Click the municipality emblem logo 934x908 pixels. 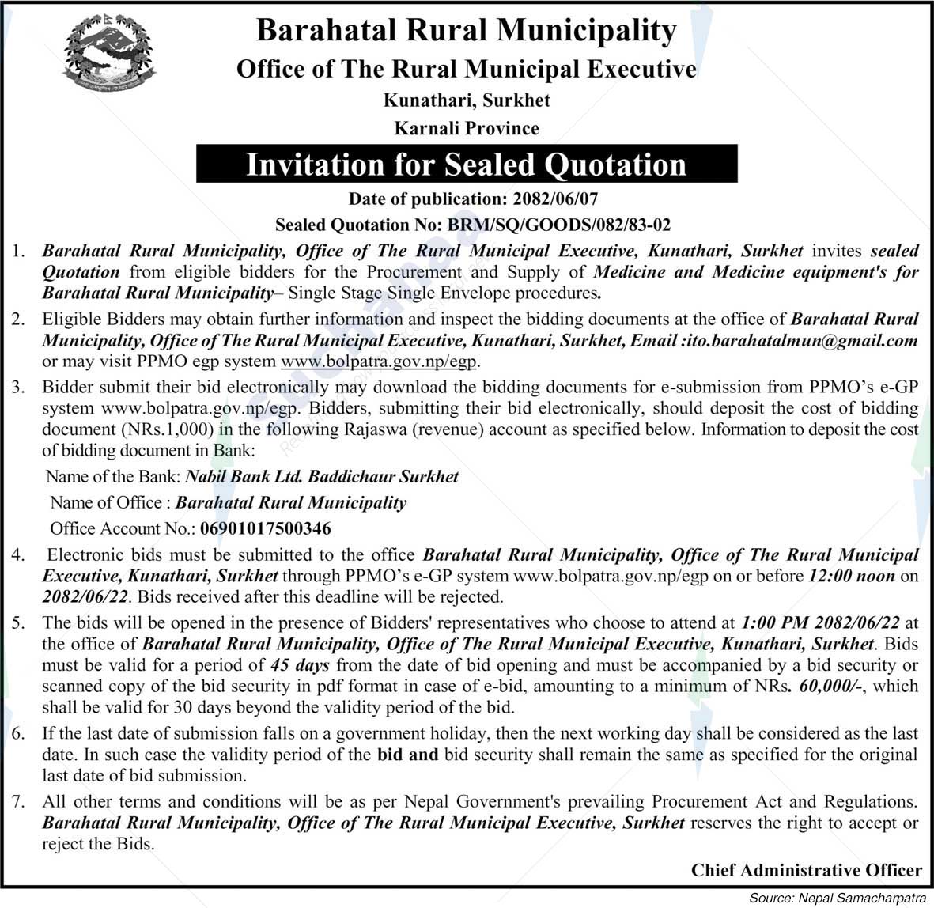pyautogui.click(x=109, y=55)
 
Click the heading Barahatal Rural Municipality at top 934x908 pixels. pyautogui.click(x=467, y=31)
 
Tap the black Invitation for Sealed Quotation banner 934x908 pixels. pyautogui.click(x=467, y=165)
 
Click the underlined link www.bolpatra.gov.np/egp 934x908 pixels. pyautogui.click(x=380, y=362)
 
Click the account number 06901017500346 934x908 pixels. pyautogui.click(x=266, y=528)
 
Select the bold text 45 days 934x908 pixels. pyautogui.click(x=300, y=666)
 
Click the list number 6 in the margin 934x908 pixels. pyautogui.click(x=17, y=734)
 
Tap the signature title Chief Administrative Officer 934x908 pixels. pyautogui.click(x=806, y=871)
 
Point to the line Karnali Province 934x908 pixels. pyautogui.click(x=467, y=128)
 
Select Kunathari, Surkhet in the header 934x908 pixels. pyautogui.click(x=467, y=100)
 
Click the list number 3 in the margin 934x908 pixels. pyautogui.click(x=17, y=388)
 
